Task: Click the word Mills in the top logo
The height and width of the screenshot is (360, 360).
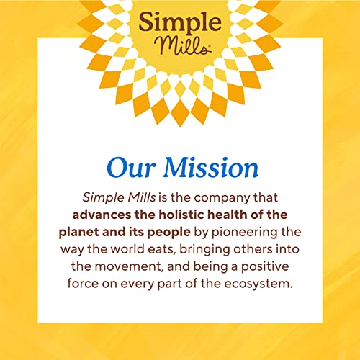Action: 179,45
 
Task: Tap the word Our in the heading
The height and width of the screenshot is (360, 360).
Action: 127,167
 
